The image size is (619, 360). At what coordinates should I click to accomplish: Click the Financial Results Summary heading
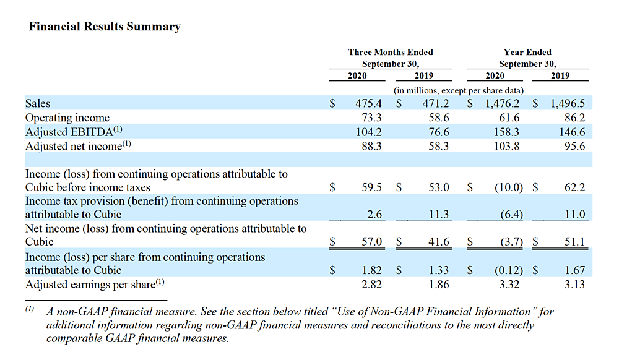click(105, 27)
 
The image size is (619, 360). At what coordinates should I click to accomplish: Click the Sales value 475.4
click(369, 103)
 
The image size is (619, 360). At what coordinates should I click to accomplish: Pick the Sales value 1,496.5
click(568, 103)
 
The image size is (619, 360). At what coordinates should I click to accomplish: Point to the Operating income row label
click(67, 118)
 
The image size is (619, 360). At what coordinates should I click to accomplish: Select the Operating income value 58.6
click(439, 118)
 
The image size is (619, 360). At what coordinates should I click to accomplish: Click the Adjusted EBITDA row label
click(74, 131)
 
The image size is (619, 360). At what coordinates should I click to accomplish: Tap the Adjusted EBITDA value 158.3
click(506, 132)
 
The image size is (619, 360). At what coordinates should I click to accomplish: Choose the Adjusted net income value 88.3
click(371, 146)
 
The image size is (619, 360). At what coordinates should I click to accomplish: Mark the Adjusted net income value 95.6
click(575, 146)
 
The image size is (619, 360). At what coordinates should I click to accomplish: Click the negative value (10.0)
click(509, 187)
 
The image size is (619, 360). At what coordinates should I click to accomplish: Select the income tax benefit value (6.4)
click(512, 215)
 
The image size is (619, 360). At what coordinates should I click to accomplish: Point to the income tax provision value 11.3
click(439, 214)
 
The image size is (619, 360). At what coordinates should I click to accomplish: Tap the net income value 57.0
click(372, 241)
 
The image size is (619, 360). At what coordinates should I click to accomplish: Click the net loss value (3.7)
click(512, 242)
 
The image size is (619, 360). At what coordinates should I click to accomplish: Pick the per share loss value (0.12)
click(509, 270)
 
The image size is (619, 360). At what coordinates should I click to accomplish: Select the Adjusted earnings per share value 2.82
click(371, 285)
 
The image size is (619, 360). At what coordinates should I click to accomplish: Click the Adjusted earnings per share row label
click(95, 285)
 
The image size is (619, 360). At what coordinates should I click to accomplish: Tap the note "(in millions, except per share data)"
click(459, 91)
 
